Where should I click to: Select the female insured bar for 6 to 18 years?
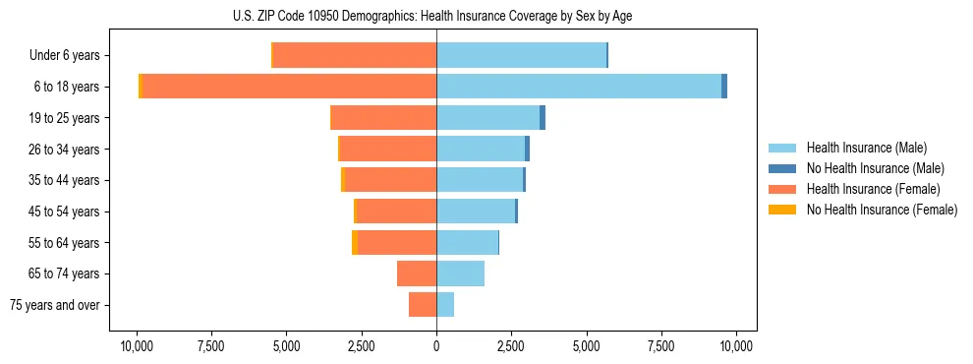tap(290, 87)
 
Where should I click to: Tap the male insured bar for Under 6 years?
tap(521, 55)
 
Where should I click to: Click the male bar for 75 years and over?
tap(445, 305)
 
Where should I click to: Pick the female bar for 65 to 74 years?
tap(417, 273)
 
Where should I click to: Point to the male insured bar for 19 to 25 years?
tap(487, 118)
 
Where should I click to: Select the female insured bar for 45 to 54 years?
tap(396, 212)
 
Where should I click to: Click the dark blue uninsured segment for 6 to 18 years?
tap(724, 87)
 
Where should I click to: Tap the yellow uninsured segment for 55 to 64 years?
tap(354, 243)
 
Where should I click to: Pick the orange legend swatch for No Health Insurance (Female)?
tap(783, 210)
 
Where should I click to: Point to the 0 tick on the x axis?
tap(436, 346)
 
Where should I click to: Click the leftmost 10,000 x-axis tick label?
tap(136, 346)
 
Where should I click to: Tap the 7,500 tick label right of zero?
tap(661, 346)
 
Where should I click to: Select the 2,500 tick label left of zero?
tap(361, 346)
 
